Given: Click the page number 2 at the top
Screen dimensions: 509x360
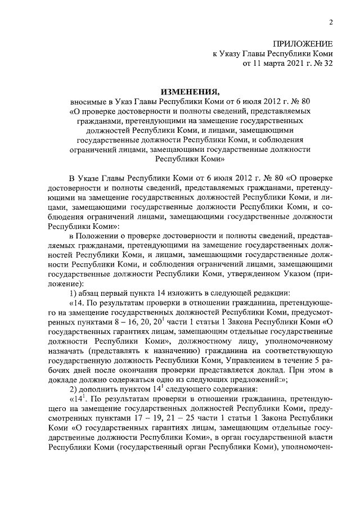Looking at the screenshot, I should point(331,22).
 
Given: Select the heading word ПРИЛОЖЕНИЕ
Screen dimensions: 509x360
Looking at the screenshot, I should point(303,44).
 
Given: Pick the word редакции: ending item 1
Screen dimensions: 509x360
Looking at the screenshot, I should point(271,293).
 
